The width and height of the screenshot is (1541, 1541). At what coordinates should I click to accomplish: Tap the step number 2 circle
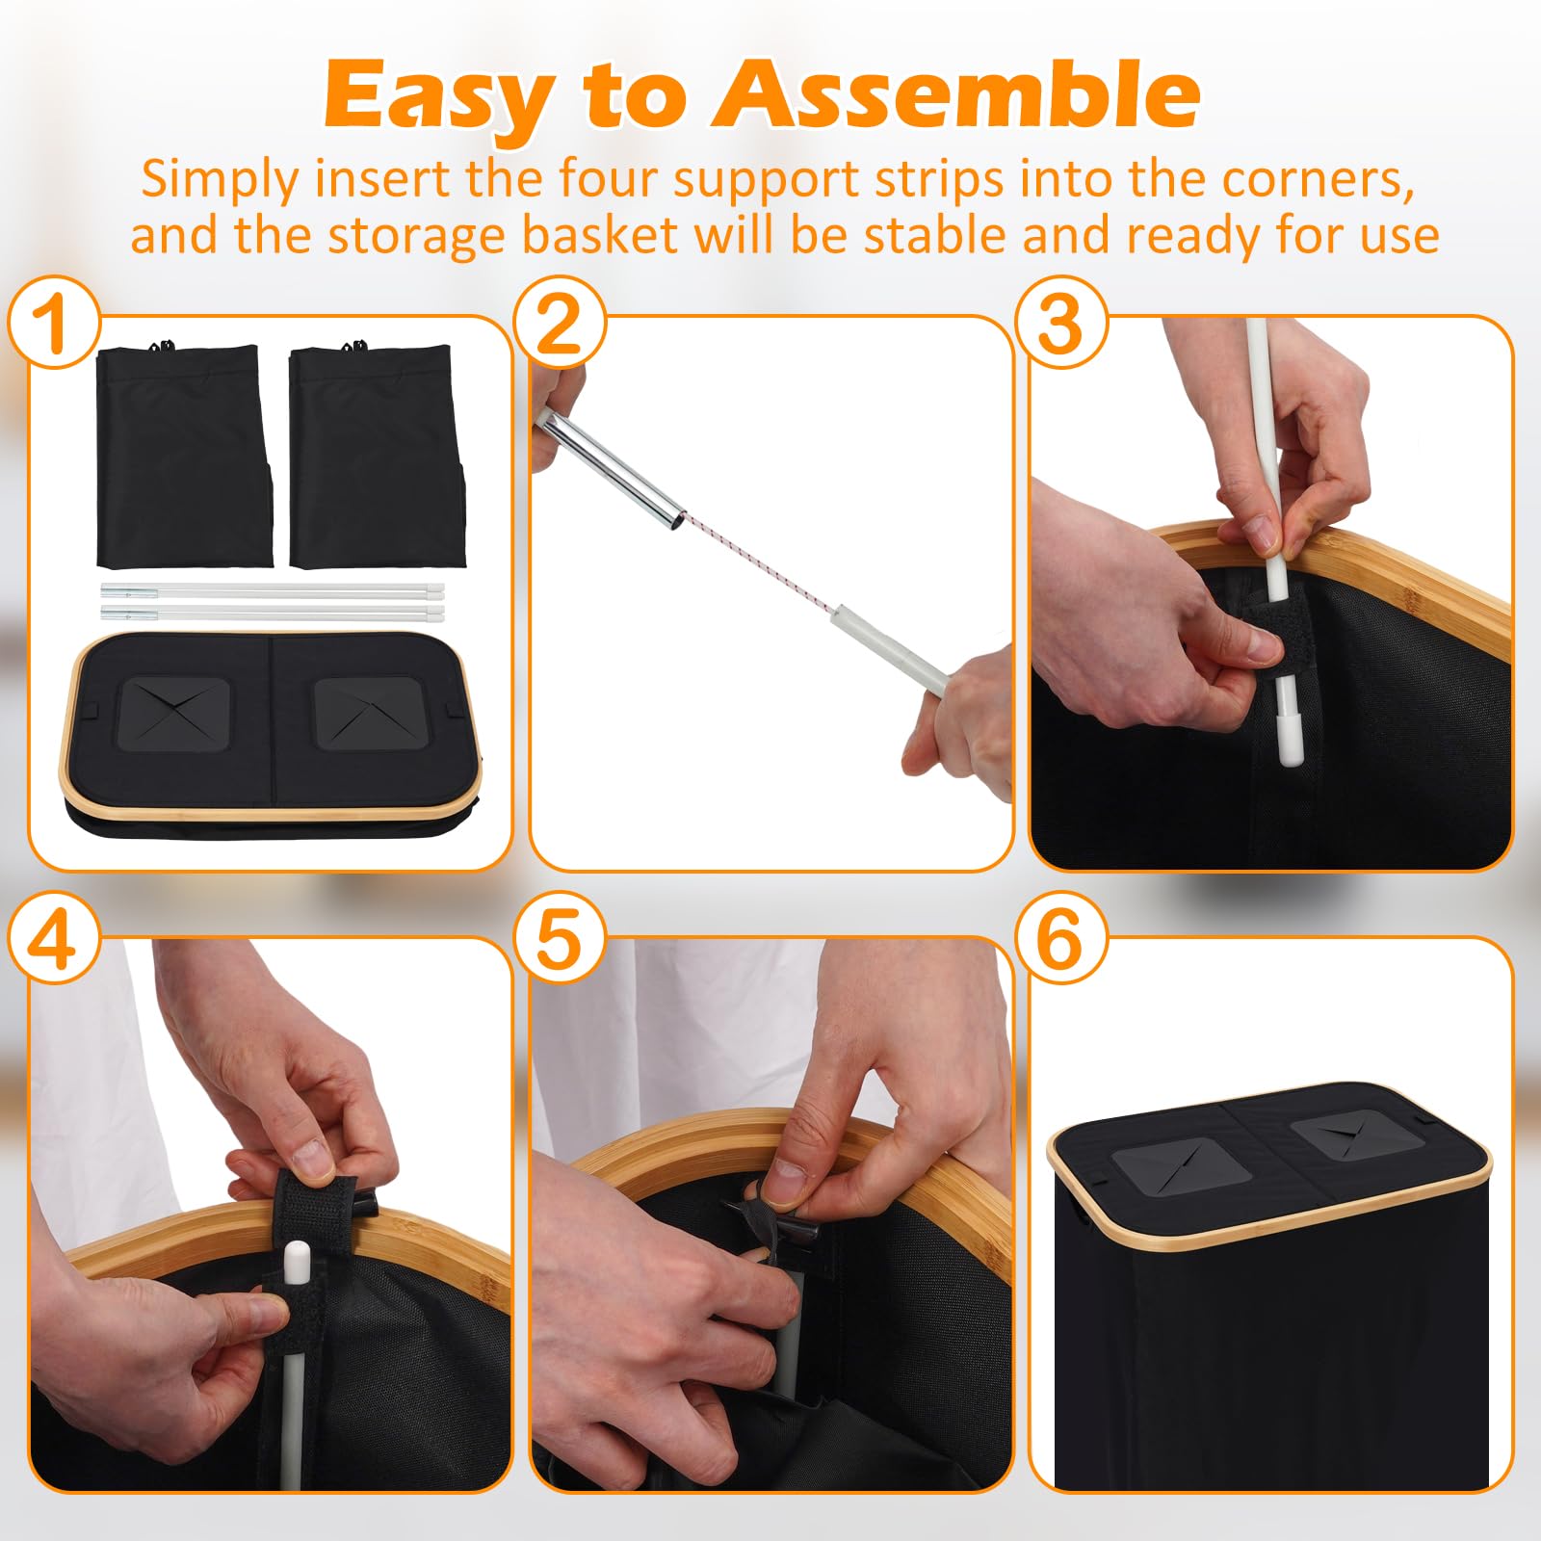coord(560,323)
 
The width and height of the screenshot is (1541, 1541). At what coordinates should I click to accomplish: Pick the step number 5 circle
coord(560,939)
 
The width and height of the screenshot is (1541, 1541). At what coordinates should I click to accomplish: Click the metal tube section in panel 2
coord(609,466)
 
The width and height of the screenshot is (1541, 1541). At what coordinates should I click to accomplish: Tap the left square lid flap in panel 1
coord(174,714)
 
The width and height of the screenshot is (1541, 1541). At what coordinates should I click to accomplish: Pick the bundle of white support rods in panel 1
coord(273,603)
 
